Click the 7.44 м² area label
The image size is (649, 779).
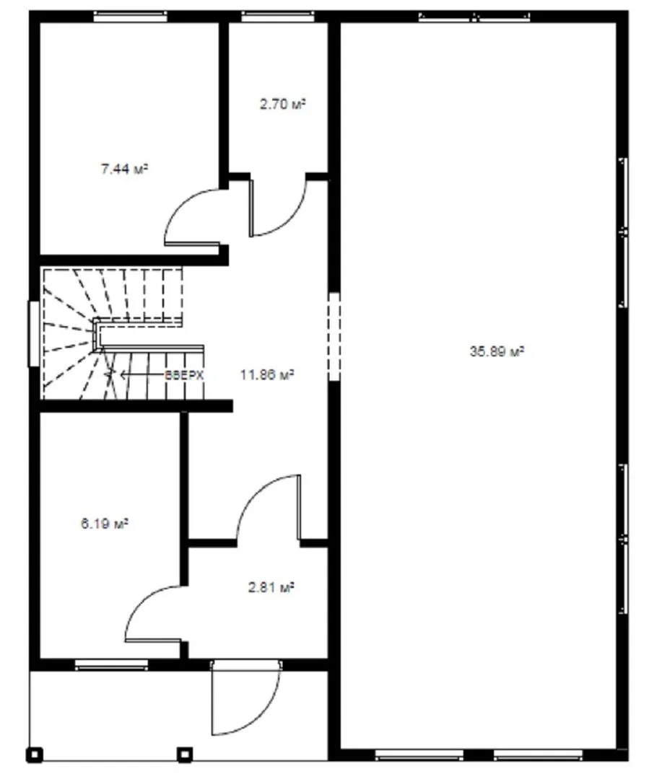124,170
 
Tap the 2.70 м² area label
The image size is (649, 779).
282,105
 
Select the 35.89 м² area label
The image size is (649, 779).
497,352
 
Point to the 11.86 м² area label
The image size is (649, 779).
267,374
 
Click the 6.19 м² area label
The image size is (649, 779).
105,524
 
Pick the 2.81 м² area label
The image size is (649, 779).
271,588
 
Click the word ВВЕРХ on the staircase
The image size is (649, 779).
184,375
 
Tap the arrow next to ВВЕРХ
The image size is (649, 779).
134,375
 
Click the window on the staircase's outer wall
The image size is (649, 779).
34,333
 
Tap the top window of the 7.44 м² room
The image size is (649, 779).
130,17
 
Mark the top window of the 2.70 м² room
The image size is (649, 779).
278,17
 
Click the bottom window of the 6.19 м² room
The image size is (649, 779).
111,665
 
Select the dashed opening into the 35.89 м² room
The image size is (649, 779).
334,336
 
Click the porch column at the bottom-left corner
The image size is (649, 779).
35,754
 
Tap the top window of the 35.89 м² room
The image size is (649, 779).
474,17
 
